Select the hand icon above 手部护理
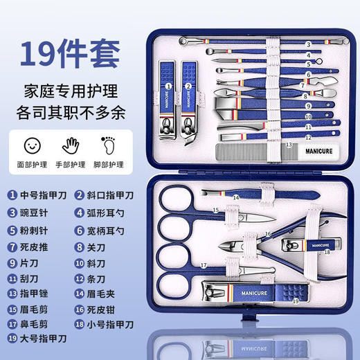pos(71,145)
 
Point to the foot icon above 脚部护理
pos(109,145)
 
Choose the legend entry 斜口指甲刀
pos(107,195)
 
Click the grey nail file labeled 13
pos(249,150)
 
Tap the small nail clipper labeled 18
pos(309,244)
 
